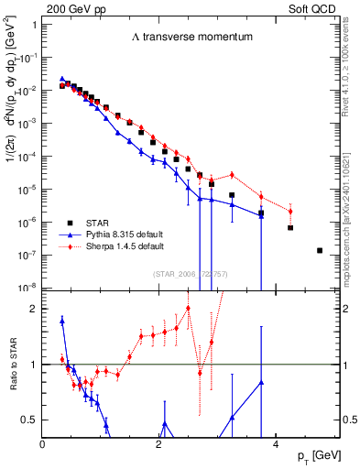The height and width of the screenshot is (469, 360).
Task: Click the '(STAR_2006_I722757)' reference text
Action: pyautogui.click(x=191, y=273)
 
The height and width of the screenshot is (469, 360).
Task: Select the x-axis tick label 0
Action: pyautogui.click(x=43, y=443)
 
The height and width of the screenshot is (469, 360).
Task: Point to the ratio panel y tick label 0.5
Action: pyautogui.click(x=28, y=420)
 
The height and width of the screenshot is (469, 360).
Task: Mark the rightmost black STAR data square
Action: pyautogui.click(x=320, y=250)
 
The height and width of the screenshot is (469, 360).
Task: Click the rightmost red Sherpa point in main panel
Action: pyautogui.click(x=290, y=212)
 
